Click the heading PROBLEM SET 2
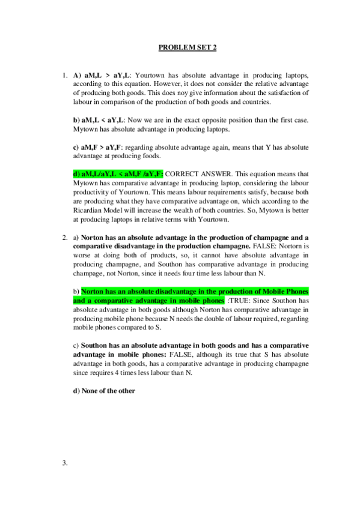[180, 47]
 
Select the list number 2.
[64, 238]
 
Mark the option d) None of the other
[104, 390]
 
